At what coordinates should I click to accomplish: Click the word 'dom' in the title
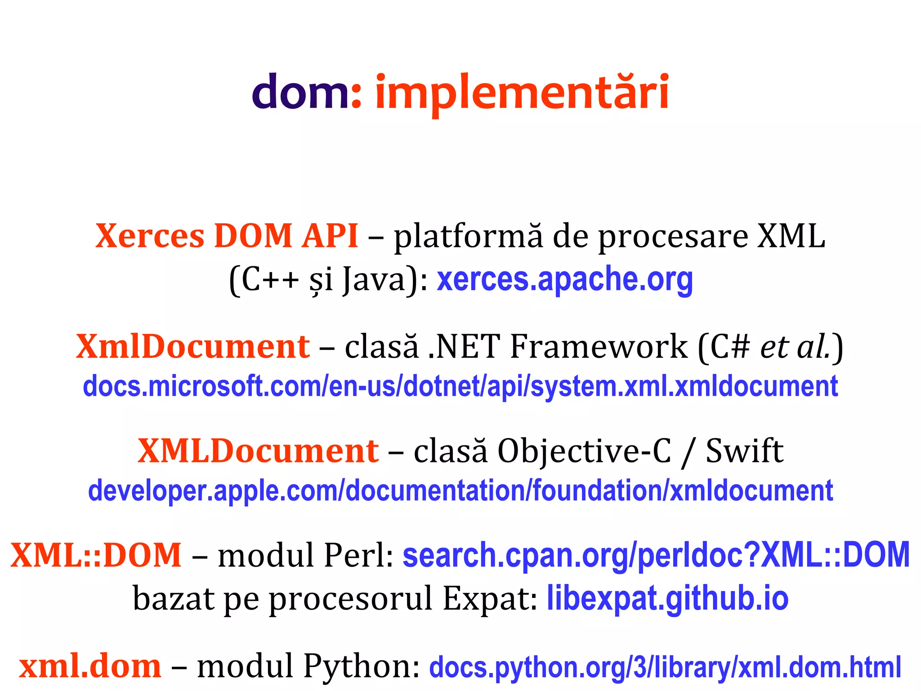299,92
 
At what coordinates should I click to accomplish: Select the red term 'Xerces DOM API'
227,236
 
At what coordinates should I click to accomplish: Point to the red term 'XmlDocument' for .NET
193,346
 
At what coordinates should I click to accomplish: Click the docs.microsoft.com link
460,386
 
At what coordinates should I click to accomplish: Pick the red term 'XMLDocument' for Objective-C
258,451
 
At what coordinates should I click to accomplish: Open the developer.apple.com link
460,490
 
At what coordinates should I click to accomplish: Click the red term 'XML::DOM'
96,555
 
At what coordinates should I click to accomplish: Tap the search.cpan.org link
656,555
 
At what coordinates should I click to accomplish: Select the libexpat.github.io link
667,598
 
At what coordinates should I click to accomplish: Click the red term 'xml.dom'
90,666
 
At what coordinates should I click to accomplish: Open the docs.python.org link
665,667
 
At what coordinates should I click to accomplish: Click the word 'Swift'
744,451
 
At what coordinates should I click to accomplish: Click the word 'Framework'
599,346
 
